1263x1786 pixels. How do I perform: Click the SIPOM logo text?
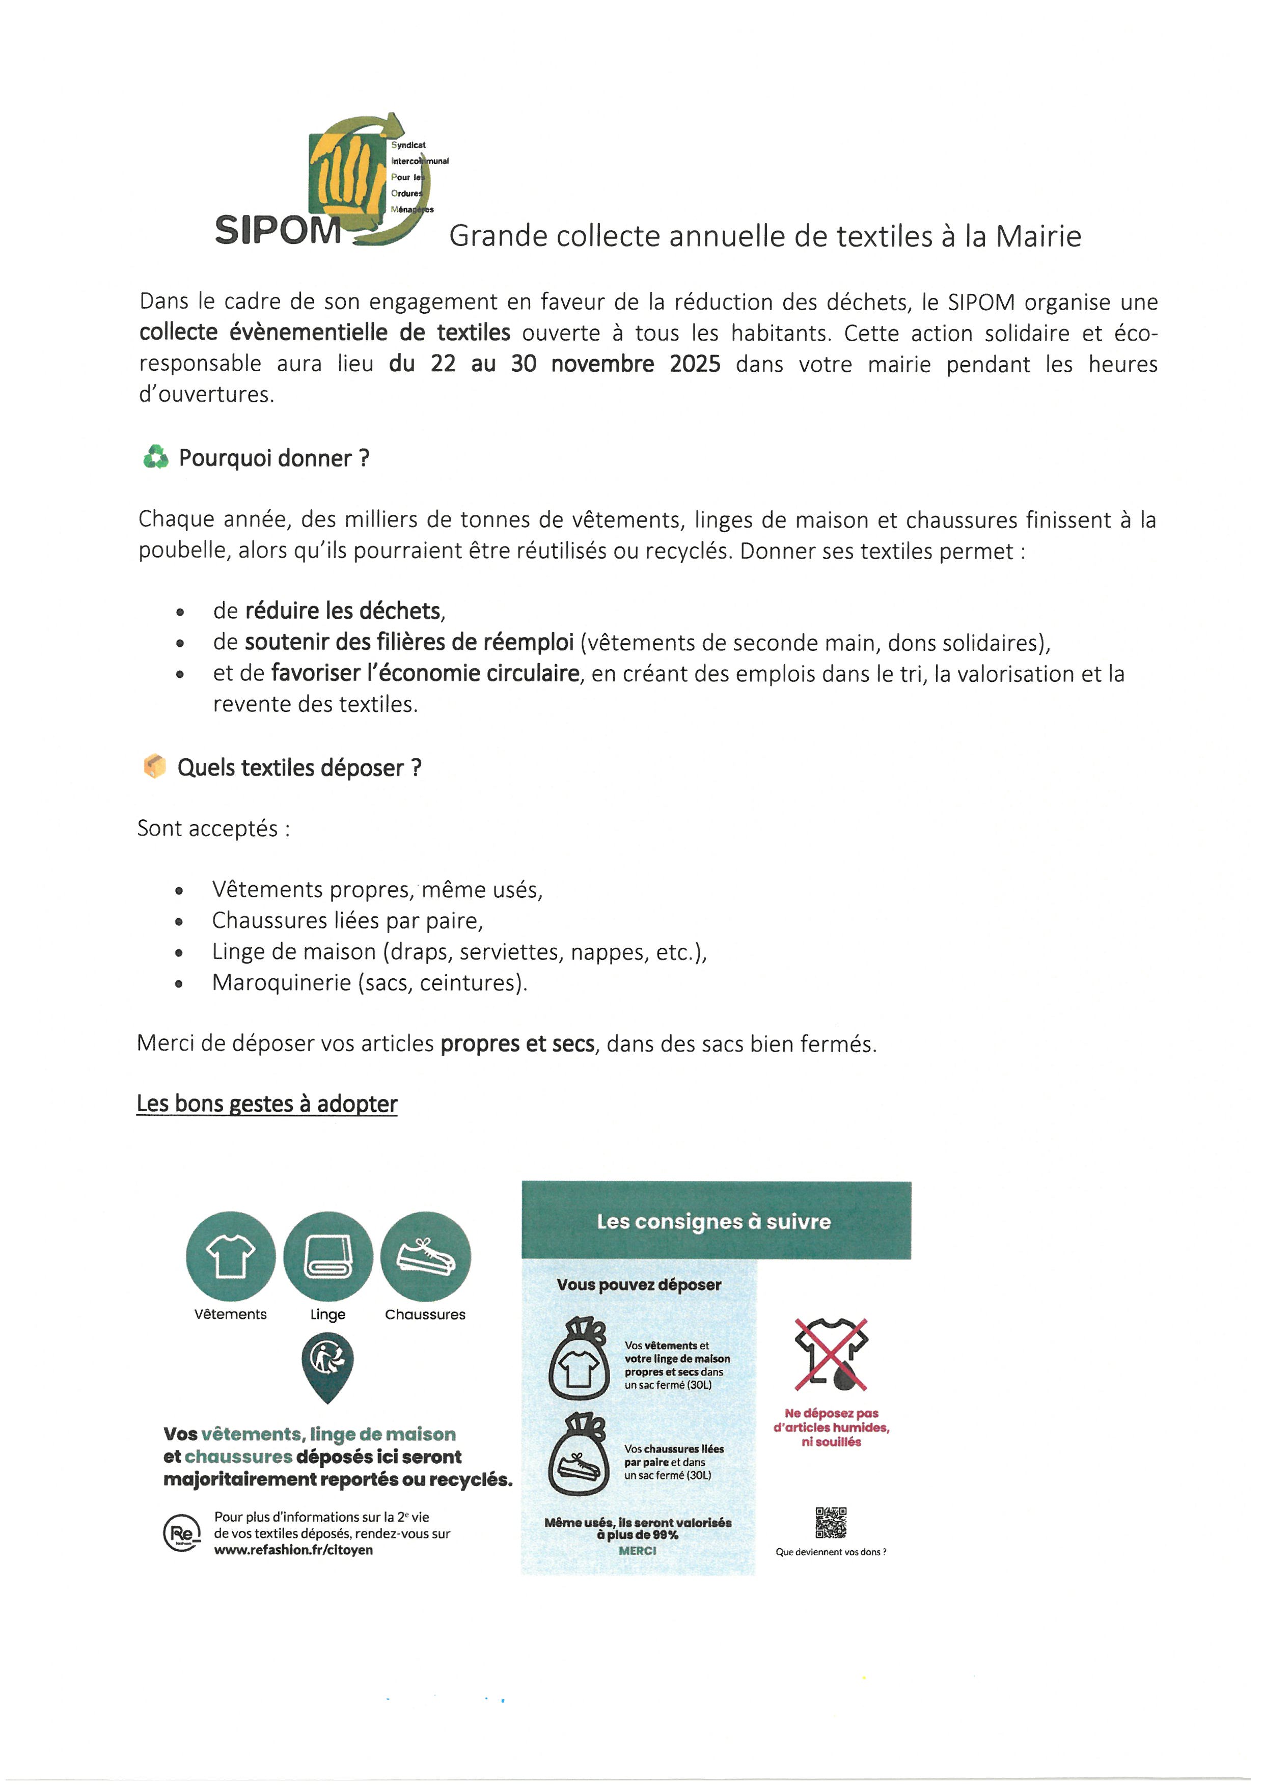click(278, 230)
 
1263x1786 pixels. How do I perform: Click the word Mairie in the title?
click(1038, 236)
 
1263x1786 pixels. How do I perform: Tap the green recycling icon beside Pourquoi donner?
click(155, 457)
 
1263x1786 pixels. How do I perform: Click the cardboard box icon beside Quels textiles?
click(155, 766)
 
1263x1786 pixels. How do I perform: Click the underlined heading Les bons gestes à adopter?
click(267, 1104)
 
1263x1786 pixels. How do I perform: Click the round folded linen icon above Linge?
click(327, 1256)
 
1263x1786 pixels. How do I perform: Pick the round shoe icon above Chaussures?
click(425, 1256)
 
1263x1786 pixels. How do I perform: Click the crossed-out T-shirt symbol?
click(831, 1354)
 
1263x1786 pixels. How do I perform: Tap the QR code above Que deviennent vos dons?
click(831, 1522)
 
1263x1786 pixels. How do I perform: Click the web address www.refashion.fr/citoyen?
click(293, 1550)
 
